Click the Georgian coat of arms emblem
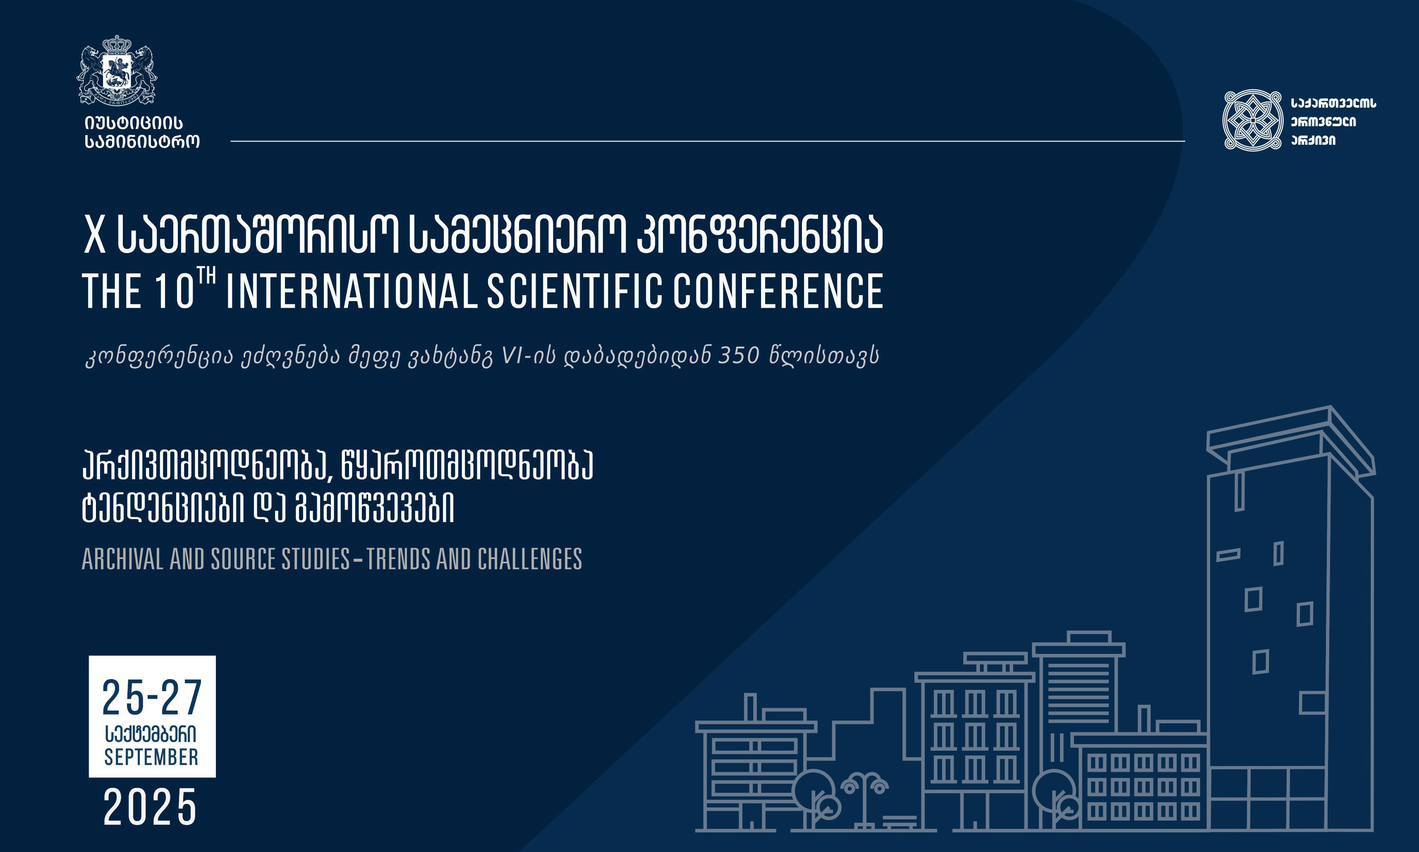(x=117, y=70)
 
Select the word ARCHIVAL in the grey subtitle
(x=123, y=559)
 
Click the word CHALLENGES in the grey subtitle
(x=530, y=559)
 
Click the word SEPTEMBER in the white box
(x=151, y=757)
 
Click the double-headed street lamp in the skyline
(x=864, y=801)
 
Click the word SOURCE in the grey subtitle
(x=243, y=559)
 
